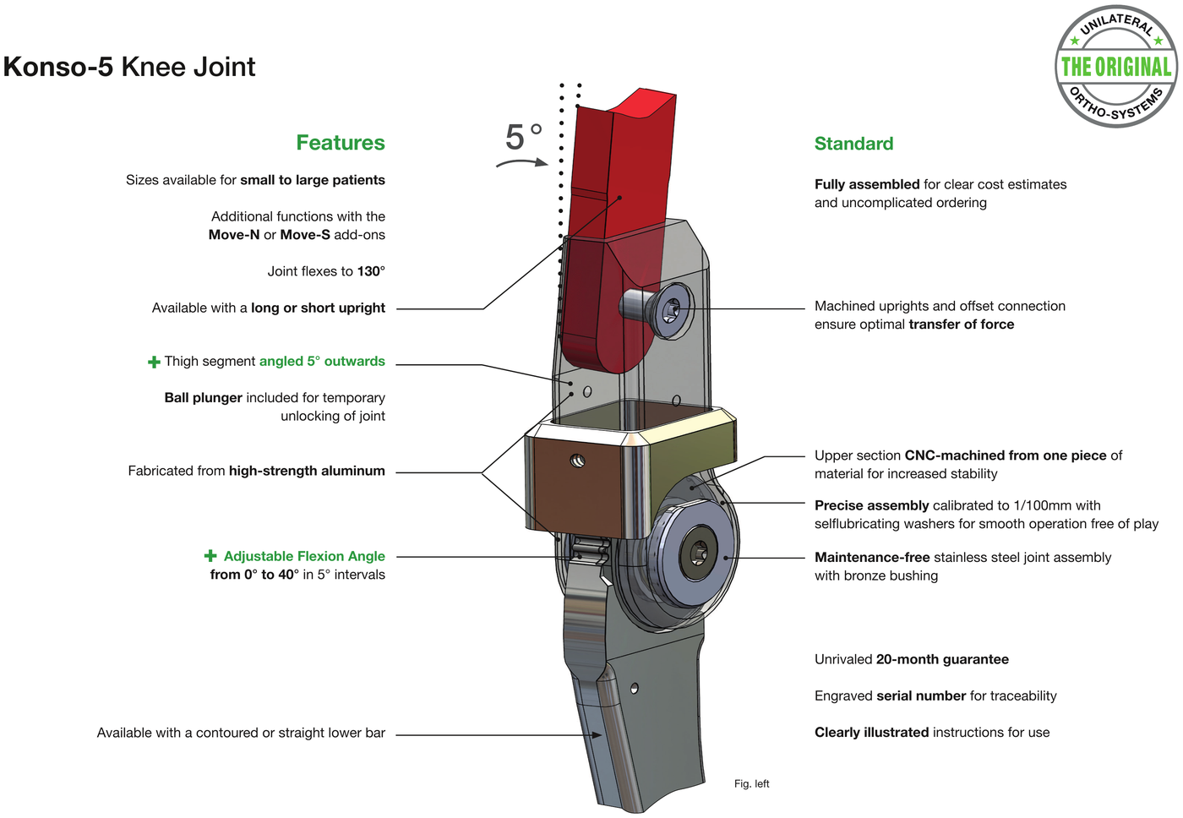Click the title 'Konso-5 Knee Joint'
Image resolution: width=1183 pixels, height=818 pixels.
click(128, 67)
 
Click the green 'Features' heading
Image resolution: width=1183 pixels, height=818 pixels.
click(340, 143)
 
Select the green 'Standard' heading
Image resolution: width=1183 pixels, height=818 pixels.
click(853, 143)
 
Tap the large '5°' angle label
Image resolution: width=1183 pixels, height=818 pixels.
click(523, 137)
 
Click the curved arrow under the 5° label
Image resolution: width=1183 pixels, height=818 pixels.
click(522, 162)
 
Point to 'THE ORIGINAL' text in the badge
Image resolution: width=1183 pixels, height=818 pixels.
click(1116, 67)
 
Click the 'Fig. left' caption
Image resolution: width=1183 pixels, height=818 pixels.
click(751, 783)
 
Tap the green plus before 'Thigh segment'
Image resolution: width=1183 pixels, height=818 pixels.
click(154, 362)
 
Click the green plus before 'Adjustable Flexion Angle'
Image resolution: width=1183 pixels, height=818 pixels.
click(210, 555)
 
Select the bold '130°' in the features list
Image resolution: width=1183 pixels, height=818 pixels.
click(371, 271)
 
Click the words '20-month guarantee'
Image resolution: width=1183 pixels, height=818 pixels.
click(942, 659)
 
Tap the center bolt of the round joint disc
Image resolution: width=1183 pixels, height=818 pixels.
click(699, 553)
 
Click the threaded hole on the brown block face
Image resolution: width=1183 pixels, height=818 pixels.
click(578, 461)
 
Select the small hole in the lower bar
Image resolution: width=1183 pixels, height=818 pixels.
click(635, 688)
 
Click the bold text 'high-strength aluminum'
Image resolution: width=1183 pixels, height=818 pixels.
click(307, 471)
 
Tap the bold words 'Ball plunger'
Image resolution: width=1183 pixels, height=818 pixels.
click(204, 397)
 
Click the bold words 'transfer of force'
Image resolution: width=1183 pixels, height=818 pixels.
click(962, 324)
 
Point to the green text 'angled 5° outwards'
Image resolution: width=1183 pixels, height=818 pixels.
click(322, 361)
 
